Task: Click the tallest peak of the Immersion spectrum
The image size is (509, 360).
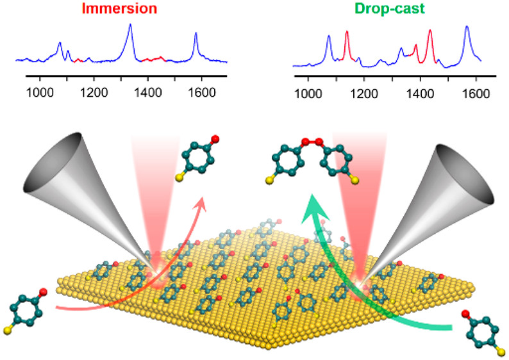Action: click(130, 25)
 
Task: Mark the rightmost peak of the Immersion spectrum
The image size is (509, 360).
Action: click(196, 34)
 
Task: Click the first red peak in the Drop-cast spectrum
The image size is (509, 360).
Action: click(347, 31)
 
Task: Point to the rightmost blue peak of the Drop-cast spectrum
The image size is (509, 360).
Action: click(467, 27)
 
